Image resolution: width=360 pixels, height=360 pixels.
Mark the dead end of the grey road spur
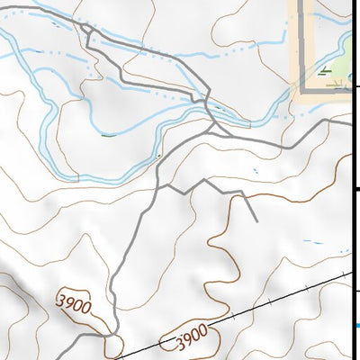pyautogui.click(x=257, y=220)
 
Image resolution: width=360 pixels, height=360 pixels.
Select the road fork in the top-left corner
pyautogui.click(x=86, y=30)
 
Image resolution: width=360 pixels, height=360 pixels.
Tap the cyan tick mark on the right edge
pyautogui.click(x=357, y=327)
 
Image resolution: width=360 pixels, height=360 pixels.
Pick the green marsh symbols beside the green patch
pyautogui.click(x=324, y=69)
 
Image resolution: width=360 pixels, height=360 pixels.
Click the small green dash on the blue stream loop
pyautogui.click(x=107, y=135)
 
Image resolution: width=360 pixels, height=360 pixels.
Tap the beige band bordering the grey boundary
pyautogui.click(x=293, y=45)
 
